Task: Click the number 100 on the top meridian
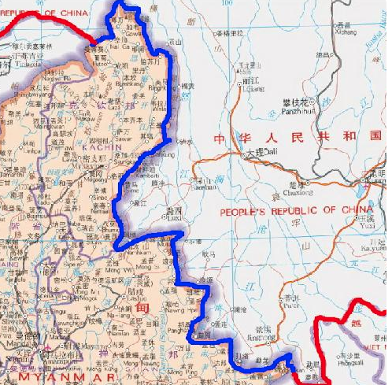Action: point(227,4)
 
